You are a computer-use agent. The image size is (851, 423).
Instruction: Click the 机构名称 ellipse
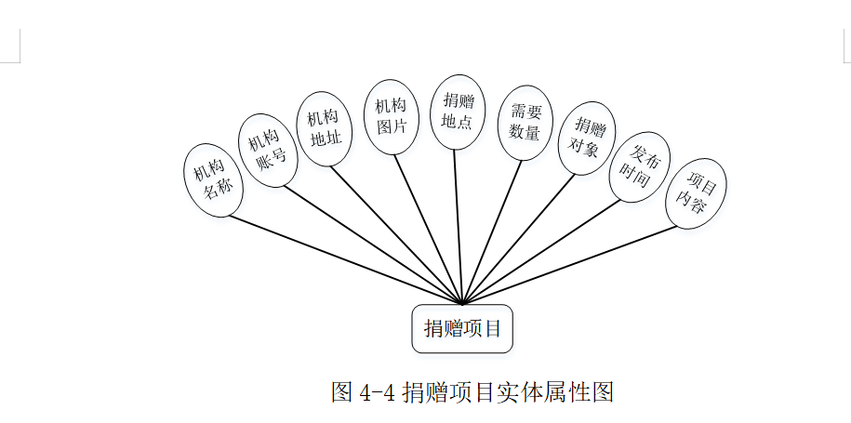point(214,180)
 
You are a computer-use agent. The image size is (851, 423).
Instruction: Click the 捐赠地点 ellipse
point(457,112)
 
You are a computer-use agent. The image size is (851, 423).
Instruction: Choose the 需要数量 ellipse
point(525,122)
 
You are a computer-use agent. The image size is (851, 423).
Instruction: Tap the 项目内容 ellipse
point(696,192)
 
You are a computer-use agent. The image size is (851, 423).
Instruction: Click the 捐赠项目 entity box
point(462,328)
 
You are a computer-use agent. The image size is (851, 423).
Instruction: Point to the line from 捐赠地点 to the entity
point(459,223)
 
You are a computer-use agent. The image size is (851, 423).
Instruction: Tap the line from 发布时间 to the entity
point(549,246)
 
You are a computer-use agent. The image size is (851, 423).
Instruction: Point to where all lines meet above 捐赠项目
point(462,303)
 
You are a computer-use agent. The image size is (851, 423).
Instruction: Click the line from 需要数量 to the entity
point(493,232)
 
